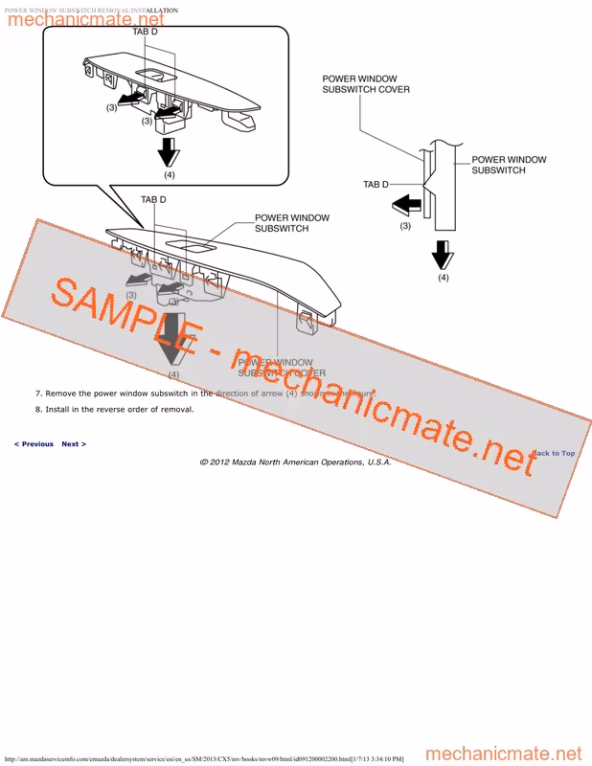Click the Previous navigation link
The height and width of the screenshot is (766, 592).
click(34, 444)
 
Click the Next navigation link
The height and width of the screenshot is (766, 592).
click(74, 444)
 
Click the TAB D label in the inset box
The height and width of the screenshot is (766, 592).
click(145, 32)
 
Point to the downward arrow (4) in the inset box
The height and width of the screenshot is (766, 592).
click(169, 151)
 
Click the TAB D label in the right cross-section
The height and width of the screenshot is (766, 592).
click(376, 184)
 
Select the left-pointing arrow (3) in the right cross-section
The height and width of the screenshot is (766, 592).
click(406, 204)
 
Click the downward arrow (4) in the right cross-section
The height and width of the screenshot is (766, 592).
click(443, 255)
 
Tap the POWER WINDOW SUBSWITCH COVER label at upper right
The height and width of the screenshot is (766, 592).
click(365, 84)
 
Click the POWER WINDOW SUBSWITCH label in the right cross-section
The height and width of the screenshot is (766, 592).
click(509, 165)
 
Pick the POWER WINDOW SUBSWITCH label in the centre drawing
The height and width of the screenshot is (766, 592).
click(291, 223)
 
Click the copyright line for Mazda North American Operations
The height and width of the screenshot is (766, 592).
click(295, 462)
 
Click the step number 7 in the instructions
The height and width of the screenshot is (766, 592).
click(38, 394)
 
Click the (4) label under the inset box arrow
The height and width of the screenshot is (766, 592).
click(169, 175)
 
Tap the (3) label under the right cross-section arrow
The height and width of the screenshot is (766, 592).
click(405, 226)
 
